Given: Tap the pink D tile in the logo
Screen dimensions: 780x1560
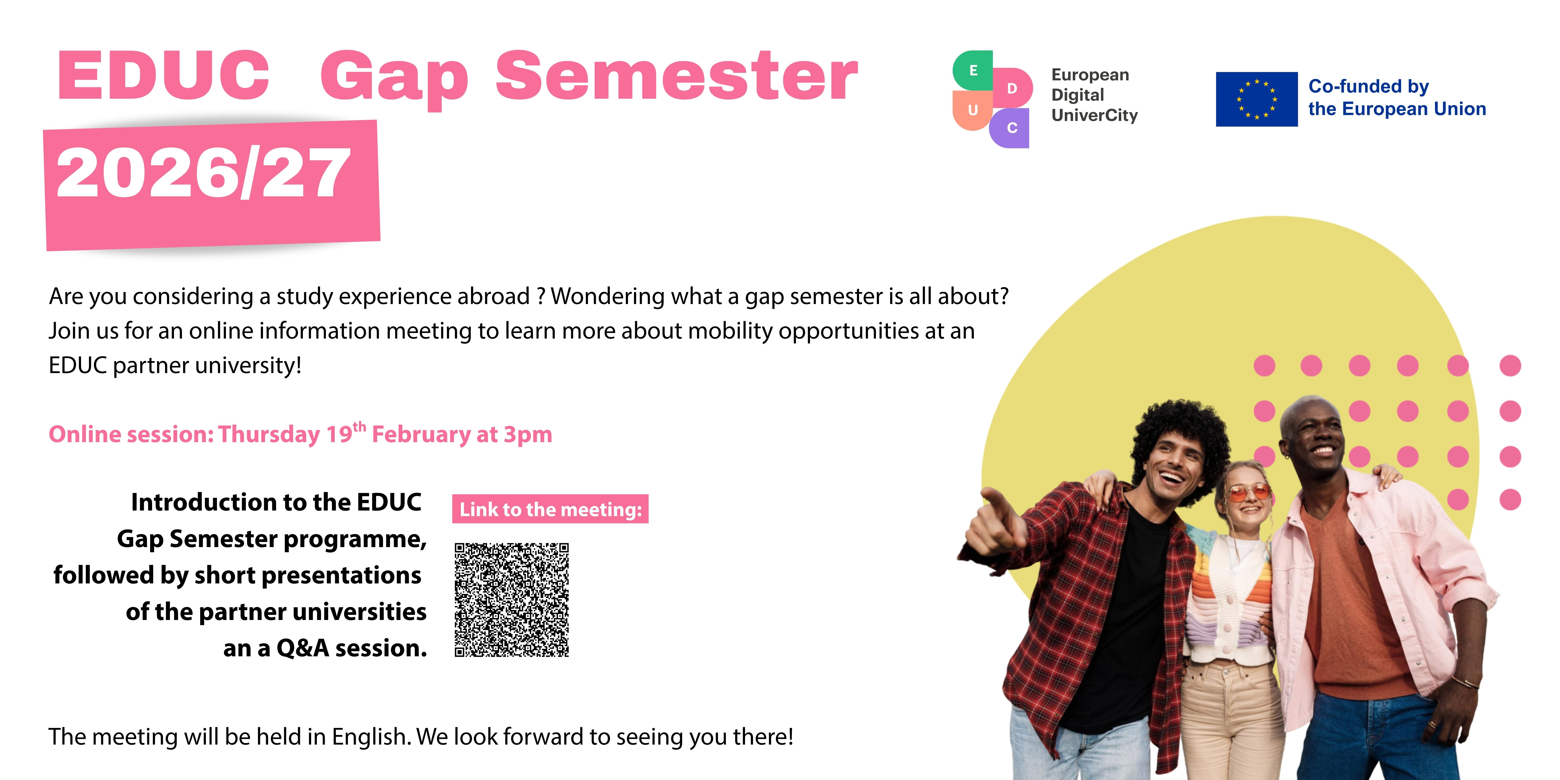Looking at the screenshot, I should (x=1012, y=88).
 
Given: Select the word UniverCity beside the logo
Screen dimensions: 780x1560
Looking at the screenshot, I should (x=1094, y=115).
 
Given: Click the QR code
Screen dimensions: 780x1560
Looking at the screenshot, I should (x=512, y=599).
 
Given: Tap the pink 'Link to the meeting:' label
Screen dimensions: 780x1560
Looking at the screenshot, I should (x=550, y=509).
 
